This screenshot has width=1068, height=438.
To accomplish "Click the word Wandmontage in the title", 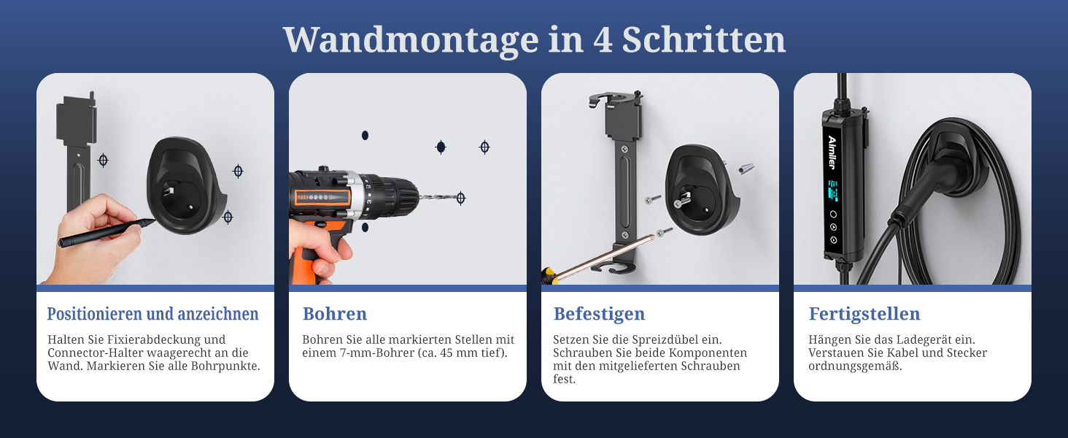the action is tap(411, 41).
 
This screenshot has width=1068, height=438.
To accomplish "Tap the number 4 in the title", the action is tap(603, 40).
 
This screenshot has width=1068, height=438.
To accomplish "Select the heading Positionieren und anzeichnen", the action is tap(152, 314).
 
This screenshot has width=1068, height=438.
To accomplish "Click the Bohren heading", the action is tap(335, 314).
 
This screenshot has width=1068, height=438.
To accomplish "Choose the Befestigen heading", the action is tap(599, 315).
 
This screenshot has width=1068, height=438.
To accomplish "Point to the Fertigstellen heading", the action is tap(864, 315).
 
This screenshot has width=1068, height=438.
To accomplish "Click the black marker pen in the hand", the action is tap(106, 233).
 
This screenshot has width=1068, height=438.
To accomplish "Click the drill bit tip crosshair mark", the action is tap(460, 198).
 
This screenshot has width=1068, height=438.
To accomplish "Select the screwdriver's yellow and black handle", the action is tap(549, 275).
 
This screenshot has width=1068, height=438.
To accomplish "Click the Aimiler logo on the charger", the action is tap(832, 152).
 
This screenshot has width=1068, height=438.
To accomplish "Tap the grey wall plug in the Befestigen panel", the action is tap(746, 169).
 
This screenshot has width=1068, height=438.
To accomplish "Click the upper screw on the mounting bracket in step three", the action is tap(624, 150).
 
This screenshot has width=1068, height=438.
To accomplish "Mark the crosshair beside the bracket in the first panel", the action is tap(103, 161).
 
